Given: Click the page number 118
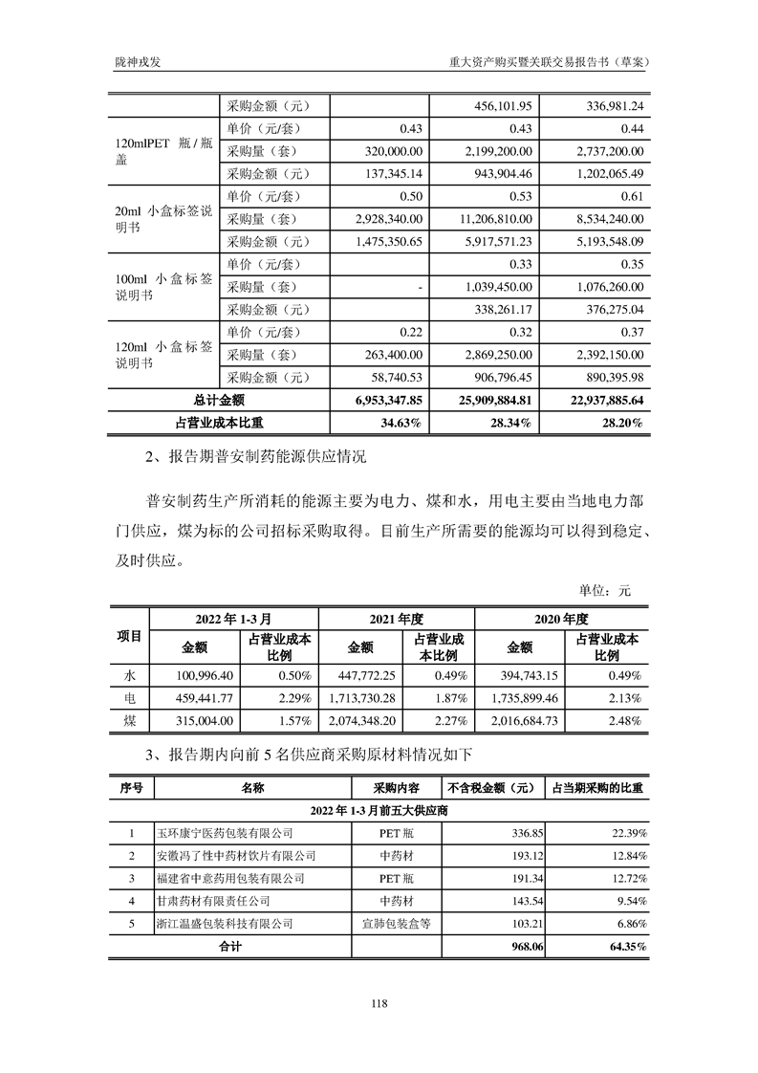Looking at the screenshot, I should [x=379, y=1003].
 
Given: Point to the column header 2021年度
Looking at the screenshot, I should [x=396, y=619].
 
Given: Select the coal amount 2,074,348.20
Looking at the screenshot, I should [x=362, y=721].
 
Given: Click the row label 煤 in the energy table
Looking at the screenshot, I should [x=130, y=721].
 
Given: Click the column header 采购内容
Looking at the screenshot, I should [x=396, y=788].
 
